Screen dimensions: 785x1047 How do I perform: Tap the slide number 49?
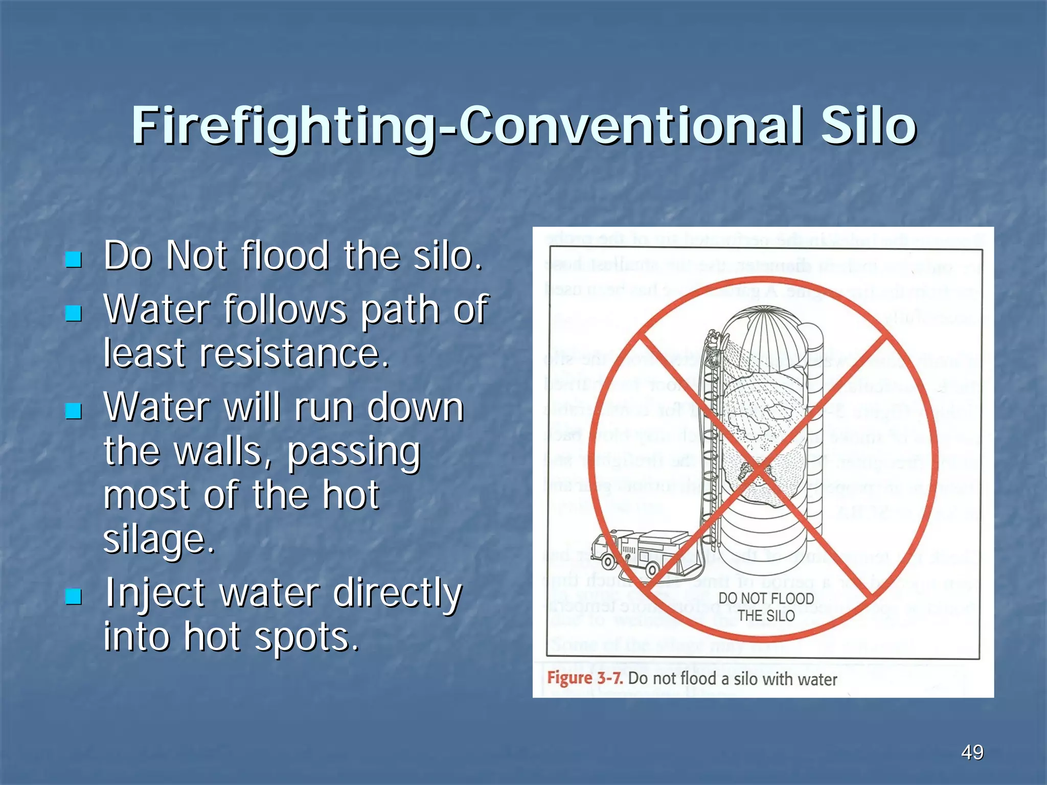coord(972,752)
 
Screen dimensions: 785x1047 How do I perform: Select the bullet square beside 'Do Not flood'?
coord(74,259)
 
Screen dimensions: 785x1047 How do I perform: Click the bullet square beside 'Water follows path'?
coord(74,313)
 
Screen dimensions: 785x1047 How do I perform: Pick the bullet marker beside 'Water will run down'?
coord(74,410)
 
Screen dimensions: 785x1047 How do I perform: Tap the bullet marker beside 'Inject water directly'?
coord(74,595)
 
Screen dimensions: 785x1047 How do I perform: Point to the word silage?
coord(158,539)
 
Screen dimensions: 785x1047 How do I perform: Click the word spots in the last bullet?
coord(307,637)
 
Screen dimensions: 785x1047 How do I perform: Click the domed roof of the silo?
coord(772,332)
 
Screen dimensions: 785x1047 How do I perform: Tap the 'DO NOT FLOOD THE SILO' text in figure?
coord(766,607)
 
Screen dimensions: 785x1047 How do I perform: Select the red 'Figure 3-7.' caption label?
coord(585,679)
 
